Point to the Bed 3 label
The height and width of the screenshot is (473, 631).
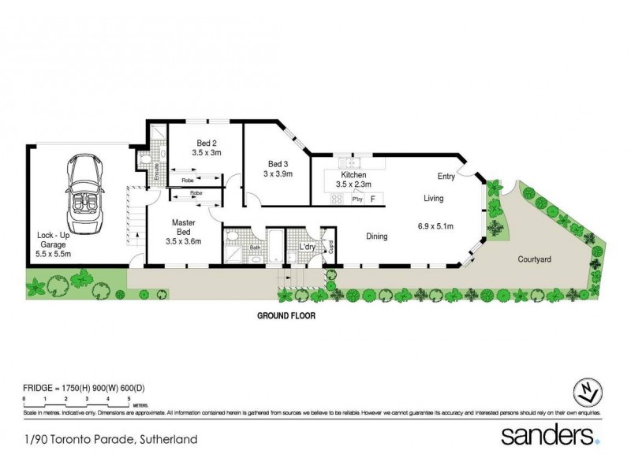pos(278,169)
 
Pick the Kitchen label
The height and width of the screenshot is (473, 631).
pos(353,178)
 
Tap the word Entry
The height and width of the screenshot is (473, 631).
pos(447,177)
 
